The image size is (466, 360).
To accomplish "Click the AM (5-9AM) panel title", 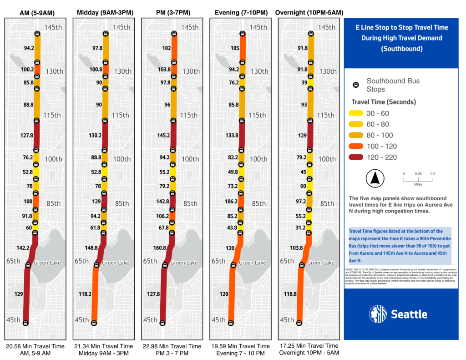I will (x=35, y=12).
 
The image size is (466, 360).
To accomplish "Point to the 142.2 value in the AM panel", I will (x=22, y=248).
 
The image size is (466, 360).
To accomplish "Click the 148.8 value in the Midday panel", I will (x=91, y=248).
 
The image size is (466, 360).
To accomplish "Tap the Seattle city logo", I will (x=398, y=314).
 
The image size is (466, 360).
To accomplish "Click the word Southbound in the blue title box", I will (x=400, y=48).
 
